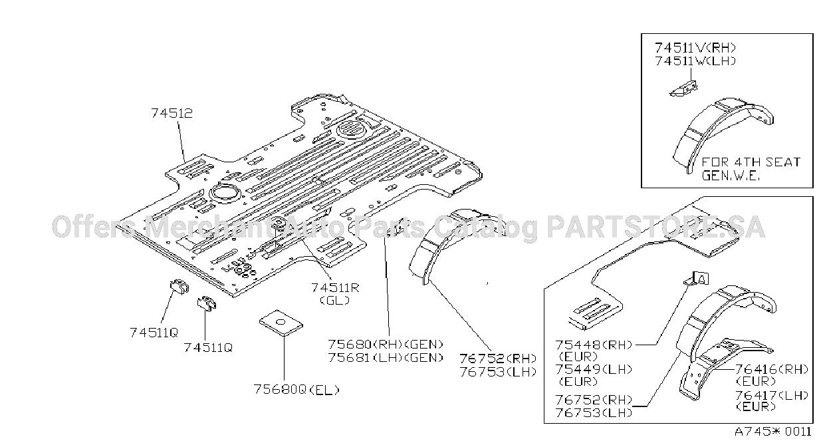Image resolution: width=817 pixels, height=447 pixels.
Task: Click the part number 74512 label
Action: coord(172,113)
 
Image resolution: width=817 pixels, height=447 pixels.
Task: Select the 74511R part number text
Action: coord(335,288)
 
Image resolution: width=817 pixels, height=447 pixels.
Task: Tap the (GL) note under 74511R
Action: coord(335,300)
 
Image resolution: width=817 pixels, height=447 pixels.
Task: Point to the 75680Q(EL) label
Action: coord(296,390)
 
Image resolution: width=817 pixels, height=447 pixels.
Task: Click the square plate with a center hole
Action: coord(281,323)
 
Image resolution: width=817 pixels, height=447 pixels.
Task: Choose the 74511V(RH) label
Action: coord(695,48)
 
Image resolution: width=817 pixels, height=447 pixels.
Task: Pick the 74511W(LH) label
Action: coord(695,61)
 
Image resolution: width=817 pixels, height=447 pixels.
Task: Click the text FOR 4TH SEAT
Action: coord(751,162)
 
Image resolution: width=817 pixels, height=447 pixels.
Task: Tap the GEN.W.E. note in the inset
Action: coord(731,176)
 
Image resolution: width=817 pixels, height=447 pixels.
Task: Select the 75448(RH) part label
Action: coord(594,345)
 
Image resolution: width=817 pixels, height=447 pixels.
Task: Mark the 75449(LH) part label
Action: coord(594,369)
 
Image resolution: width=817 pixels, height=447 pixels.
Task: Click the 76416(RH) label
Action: coord(771,369)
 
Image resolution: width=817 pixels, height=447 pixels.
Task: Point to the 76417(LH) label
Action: coord(771,395)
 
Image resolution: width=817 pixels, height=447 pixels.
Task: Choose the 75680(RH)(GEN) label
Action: coord(386,344)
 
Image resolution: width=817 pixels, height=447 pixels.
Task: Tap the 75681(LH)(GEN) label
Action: coord(386,357)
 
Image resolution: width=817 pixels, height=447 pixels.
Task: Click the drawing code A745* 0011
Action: coord(773,432)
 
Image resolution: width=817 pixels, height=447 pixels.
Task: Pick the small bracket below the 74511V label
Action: coord(684,89)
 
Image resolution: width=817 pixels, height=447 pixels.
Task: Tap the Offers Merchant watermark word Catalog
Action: coord(486,227)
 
